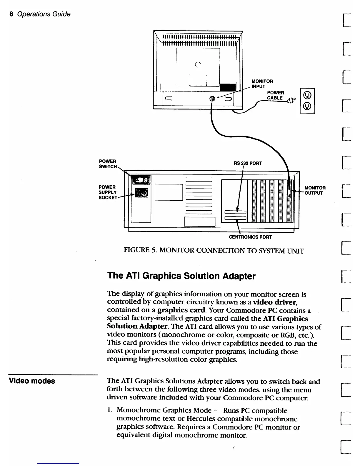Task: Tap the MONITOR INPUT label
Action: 262,84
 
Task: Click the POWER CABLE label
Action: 275,95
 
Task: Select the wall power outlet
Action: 307,101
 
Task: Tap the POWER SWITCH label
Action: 108,164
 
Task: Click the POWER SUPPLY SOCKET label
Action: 107,192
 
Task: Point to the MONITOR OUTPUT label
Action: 315,190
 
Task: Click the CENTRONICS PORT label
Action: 250,237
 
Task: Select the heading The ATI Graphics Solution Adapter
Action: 181,276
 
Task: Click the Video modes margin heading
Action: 32,381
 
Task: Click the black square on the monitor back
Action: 228,87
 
